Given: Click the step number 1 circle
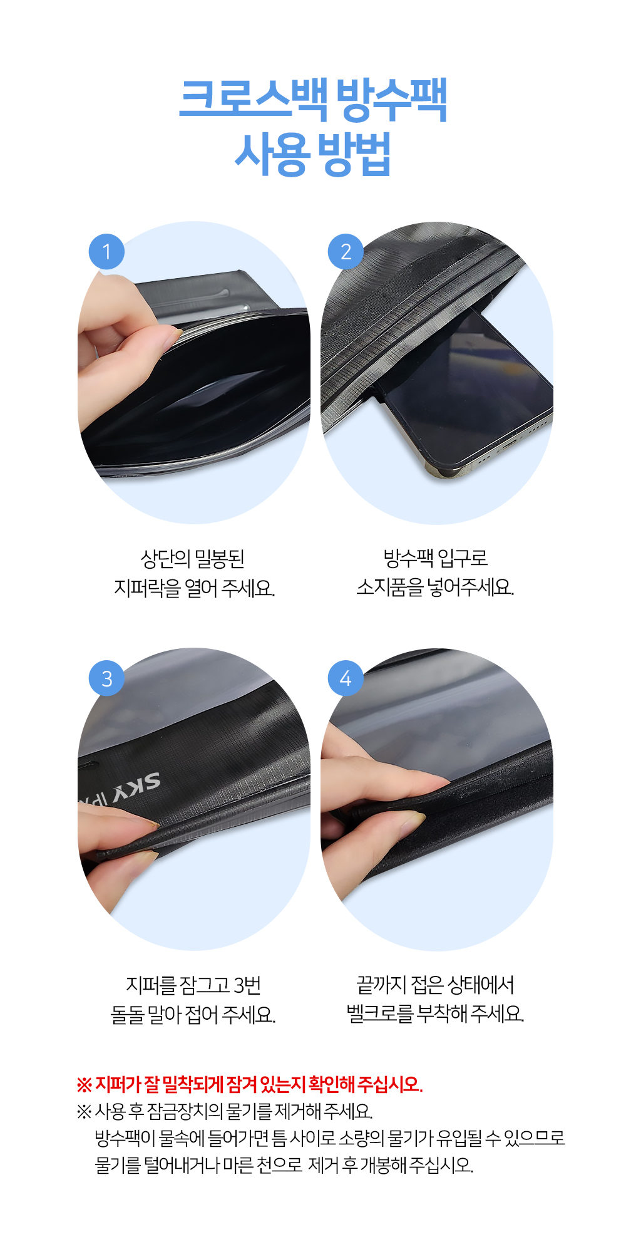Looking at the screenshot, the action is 106,252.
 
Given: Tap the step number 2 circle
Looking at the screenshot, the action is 346,252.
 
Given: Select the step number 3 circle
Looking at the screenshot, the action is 106,678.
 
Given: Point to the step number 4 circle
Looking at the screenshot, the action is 346,678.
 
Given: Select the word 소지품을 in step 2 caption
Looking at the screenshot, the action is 390,588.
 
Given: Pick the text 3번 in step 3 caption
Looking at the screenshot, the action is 247,985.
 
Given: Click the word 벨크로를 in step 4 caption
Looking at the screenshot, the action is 380,1013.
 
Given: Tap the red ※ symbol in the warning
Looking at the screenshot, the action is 84,1084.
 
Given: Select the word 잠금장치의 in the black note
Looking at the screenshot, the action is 185,1111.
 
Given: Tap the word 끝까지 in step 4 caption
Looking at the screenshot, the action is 382,985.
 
